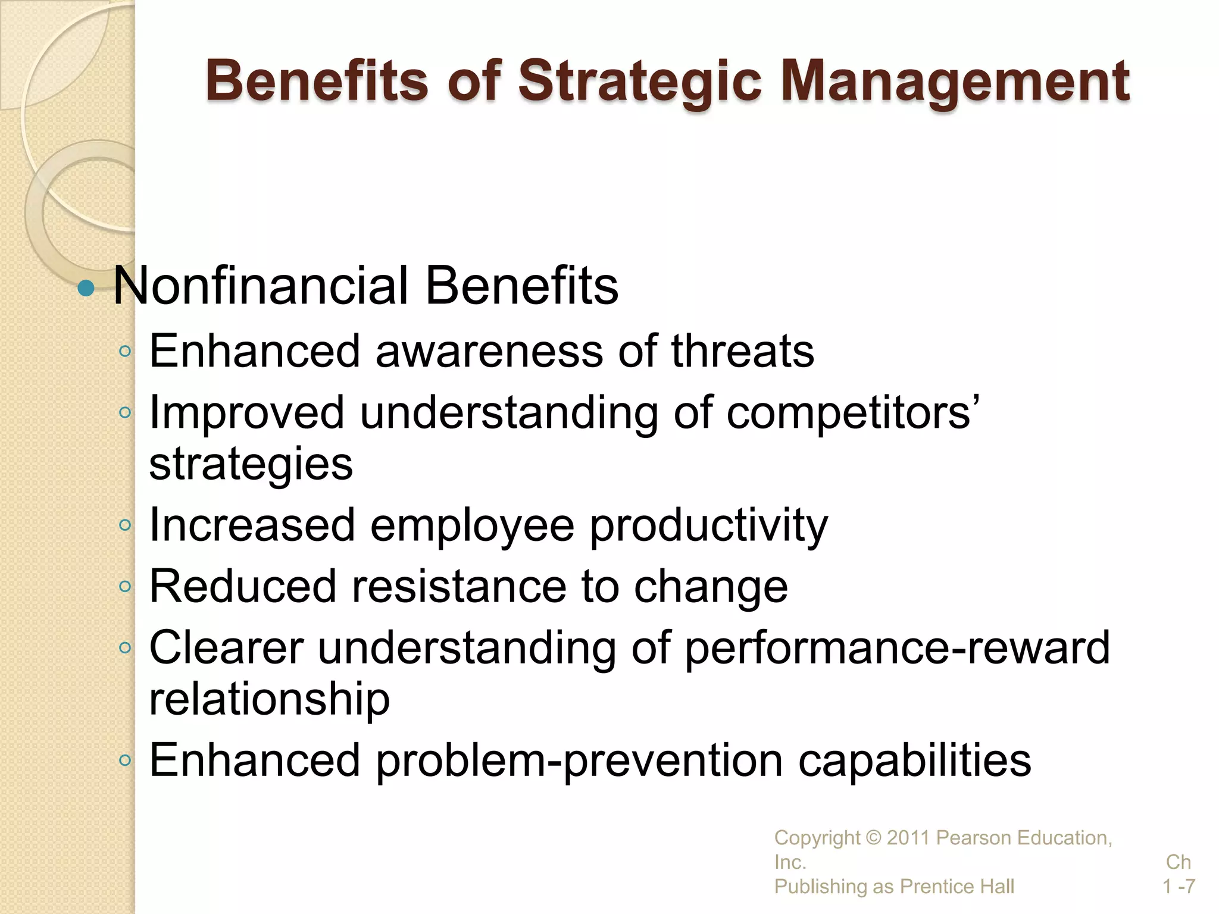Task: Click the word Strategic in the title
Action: (x=640, y=82)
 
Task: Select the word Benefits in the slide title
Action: (x=317, y=82)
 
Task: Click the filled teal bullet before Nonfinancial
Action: (x=86, y=289)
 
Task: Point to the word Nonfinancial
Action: (x=260, y=286)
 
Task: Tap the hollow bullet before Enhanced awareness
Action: (x=124, y=352)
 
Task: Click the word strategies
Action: (x=251, y=464)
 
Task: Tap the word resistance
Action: (x=458, y=587)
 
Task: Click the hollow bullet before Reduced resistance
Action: (x=124, y=587)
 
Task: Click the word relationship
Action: (x=269, y=699)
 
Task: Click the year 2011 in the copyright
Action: (x=908, y=838)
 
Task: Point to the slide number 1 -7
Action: (x=1179, y=887)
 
